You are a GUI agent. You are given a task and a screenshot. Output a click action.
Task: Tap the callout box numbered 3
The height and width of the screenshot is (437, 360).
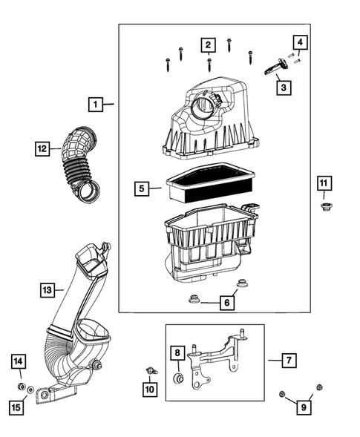pyautogui.click(x=284, y=88)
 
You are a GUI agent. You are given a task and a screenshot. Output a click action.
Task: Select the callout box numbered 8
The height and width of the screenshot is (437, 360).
pyautogui.click(x=177, y=354)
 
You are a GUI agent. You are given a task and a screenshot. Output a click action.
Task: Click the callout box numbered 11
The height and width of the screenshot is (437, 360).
pyautogui.click(x=324, y=183)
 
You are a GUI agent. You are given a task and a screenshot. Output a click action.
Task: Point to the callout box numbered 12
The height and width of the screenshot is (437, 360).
pyautogui.click(x=42, y=150)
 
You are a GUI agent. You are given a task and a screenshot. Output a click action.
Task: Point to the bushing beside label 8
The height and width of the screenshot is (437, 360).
pyautogui.click(x=178, y=380)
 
